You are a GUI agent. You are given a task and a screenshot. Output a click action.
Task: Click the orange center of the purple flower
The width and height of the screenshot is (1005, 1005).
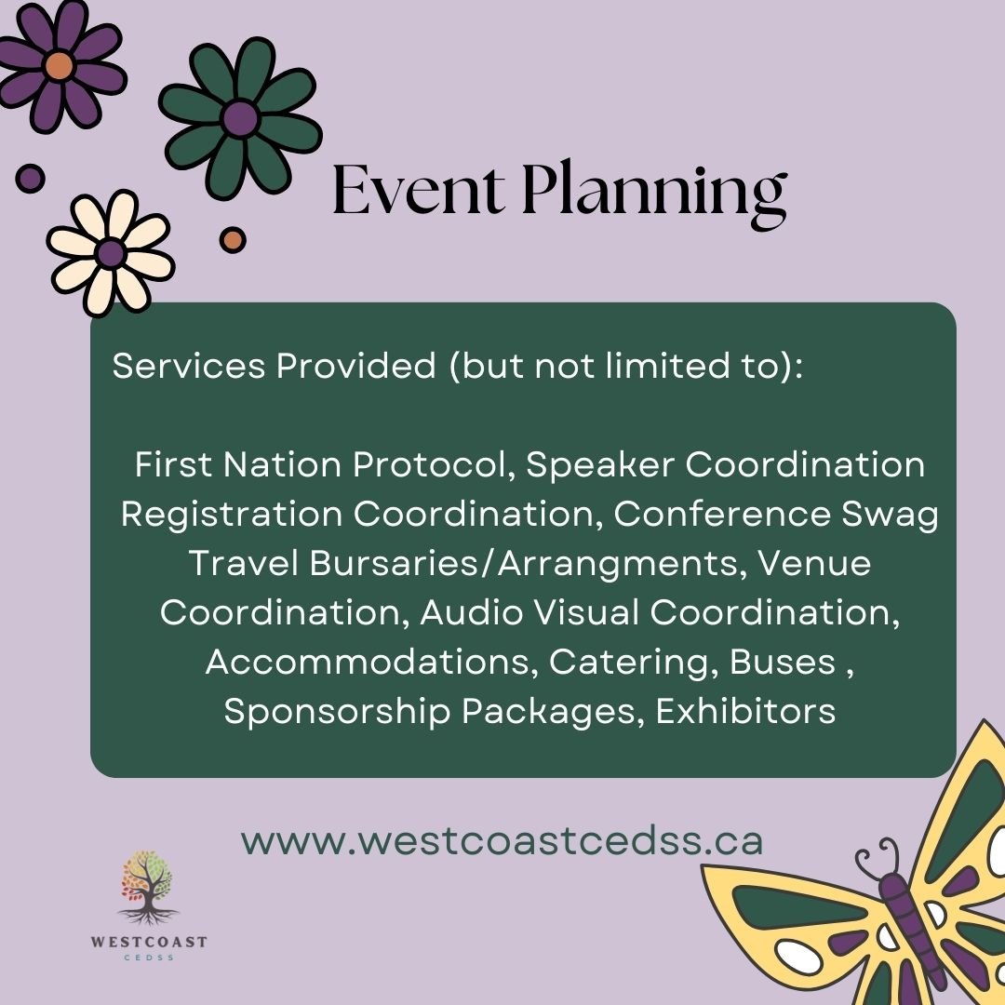59,65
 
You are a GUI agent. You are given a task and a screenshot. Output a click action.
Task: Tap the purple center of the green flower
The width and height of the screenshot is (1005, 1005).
240,118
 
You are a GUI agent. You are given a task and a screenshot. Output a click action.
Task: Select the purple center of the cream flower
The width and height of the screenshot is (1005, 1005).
111,253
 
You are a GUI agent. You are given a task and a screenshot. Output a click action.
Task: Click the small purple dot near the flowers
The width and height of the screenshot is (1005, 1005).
30,178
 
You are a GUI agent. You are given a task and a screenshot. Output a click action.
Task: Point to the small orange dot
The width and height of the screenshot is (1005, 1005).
233,240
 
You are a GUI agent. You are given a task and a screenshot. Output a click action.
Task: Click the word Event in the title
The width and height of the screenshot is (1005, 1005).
418,191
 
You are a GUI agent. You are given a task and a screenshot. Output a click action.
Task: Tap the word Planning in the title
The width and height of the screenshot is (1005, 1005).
654,194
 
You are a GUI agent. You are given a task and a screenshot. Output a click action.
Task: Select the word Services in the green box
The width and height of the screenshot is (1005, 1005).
189,366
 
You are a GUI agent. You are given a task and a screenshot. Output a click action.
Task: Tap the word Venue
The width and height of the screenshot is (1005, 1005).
814,563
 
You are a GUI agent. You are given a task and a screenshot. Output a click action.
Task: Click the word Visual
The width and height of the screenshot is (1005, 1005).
586,612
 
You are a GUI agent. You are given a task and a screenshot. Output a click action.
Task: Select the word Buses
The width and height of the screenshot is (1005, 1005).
783,663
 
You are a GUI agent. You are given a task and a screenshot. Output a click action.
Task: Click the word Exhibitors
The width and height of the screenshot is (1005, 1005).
745,711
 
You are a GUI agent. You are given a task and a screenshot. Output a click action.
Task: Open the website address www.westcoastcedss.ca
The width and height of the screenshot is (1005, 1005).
502,841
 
